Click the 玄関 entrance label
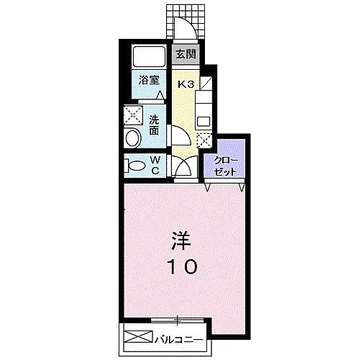tap(186, 54)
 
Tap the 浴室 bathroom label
tap(149, 80)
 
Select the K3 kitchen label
tap(186, 84)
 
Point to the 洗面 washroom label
tap(154, 125)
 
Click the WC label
tap(155, 166)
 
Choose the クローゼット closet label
tap(226, 166)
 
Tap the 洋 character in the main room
tap(180, 240)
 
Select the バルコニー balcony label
tap(179, 340)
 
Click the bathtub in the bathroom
tap(149, 57)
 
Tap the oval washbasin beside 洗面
tap(133, 138)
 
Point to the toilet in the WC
tap(134, 166)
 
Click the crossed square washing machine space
tap(133, 115)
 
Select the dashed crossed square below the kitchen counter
tap(204, 141)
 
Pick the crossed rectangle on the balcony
tap(138, 336)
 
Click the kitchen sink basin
tap(204, 121)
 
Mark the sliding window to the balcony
tap(178, 320)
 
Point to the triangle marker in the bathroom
tap(160, 95)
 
